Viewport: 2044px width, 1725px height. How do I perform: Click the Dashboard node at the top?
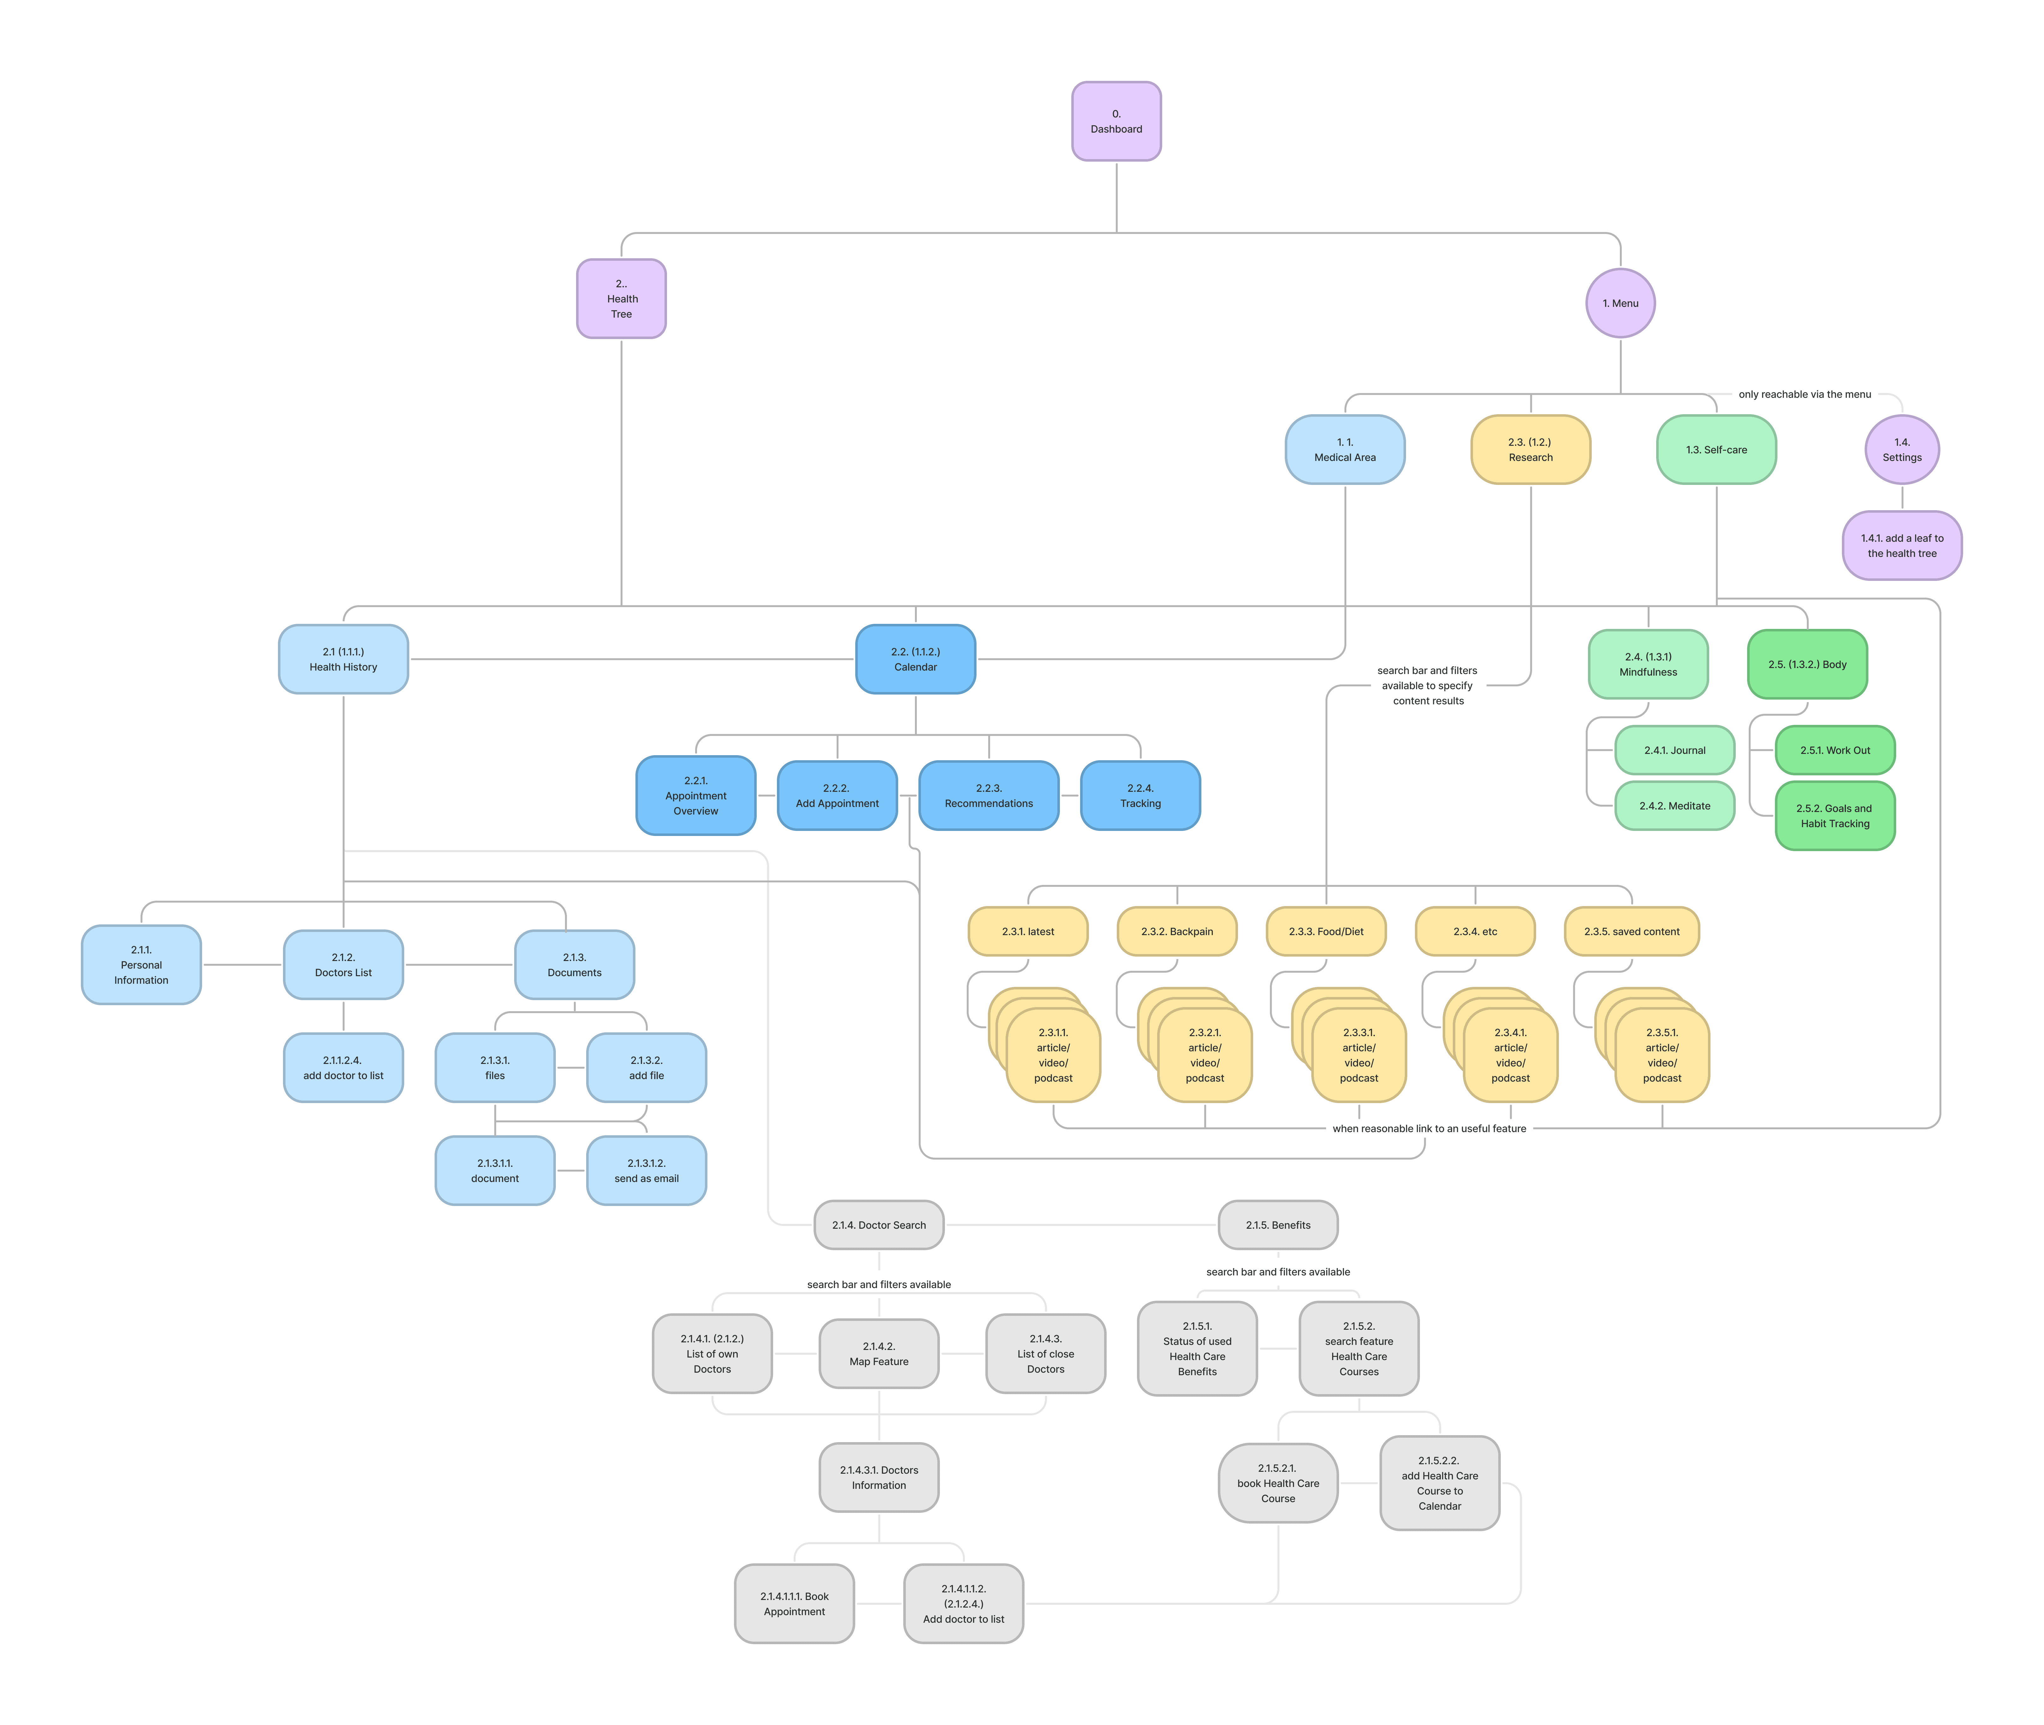(1116, 121)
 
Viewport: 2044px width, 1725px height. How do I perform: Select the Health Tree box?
(621, 298)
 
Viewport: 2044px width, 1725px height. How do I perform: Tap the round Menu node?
(1620, 303)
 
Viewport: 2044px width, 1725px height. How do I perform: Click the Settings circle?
(1901, 450)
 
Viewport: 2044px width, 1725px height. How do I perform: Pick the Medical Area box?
(1345, 450)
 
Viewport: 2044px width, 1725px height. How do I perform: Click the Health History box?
(343, 659)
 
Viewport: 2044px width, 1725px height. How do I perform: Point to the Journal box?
(1674, 750)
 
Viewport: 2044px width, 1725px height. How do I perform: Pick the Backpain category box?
(1176, 931)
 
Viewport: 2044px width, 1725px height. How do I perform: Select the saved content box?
(1631, 931)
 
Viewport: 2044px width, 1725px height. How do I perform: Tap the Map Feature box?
(878, 1353)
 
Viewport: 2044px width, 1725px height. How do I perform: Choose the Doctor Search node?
(878, 1224)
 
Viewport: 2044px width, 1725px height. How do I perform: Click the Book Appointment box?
(794, 1604)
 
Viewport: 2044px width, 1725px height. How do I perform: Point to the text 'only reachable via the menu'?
(1804, 394)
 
